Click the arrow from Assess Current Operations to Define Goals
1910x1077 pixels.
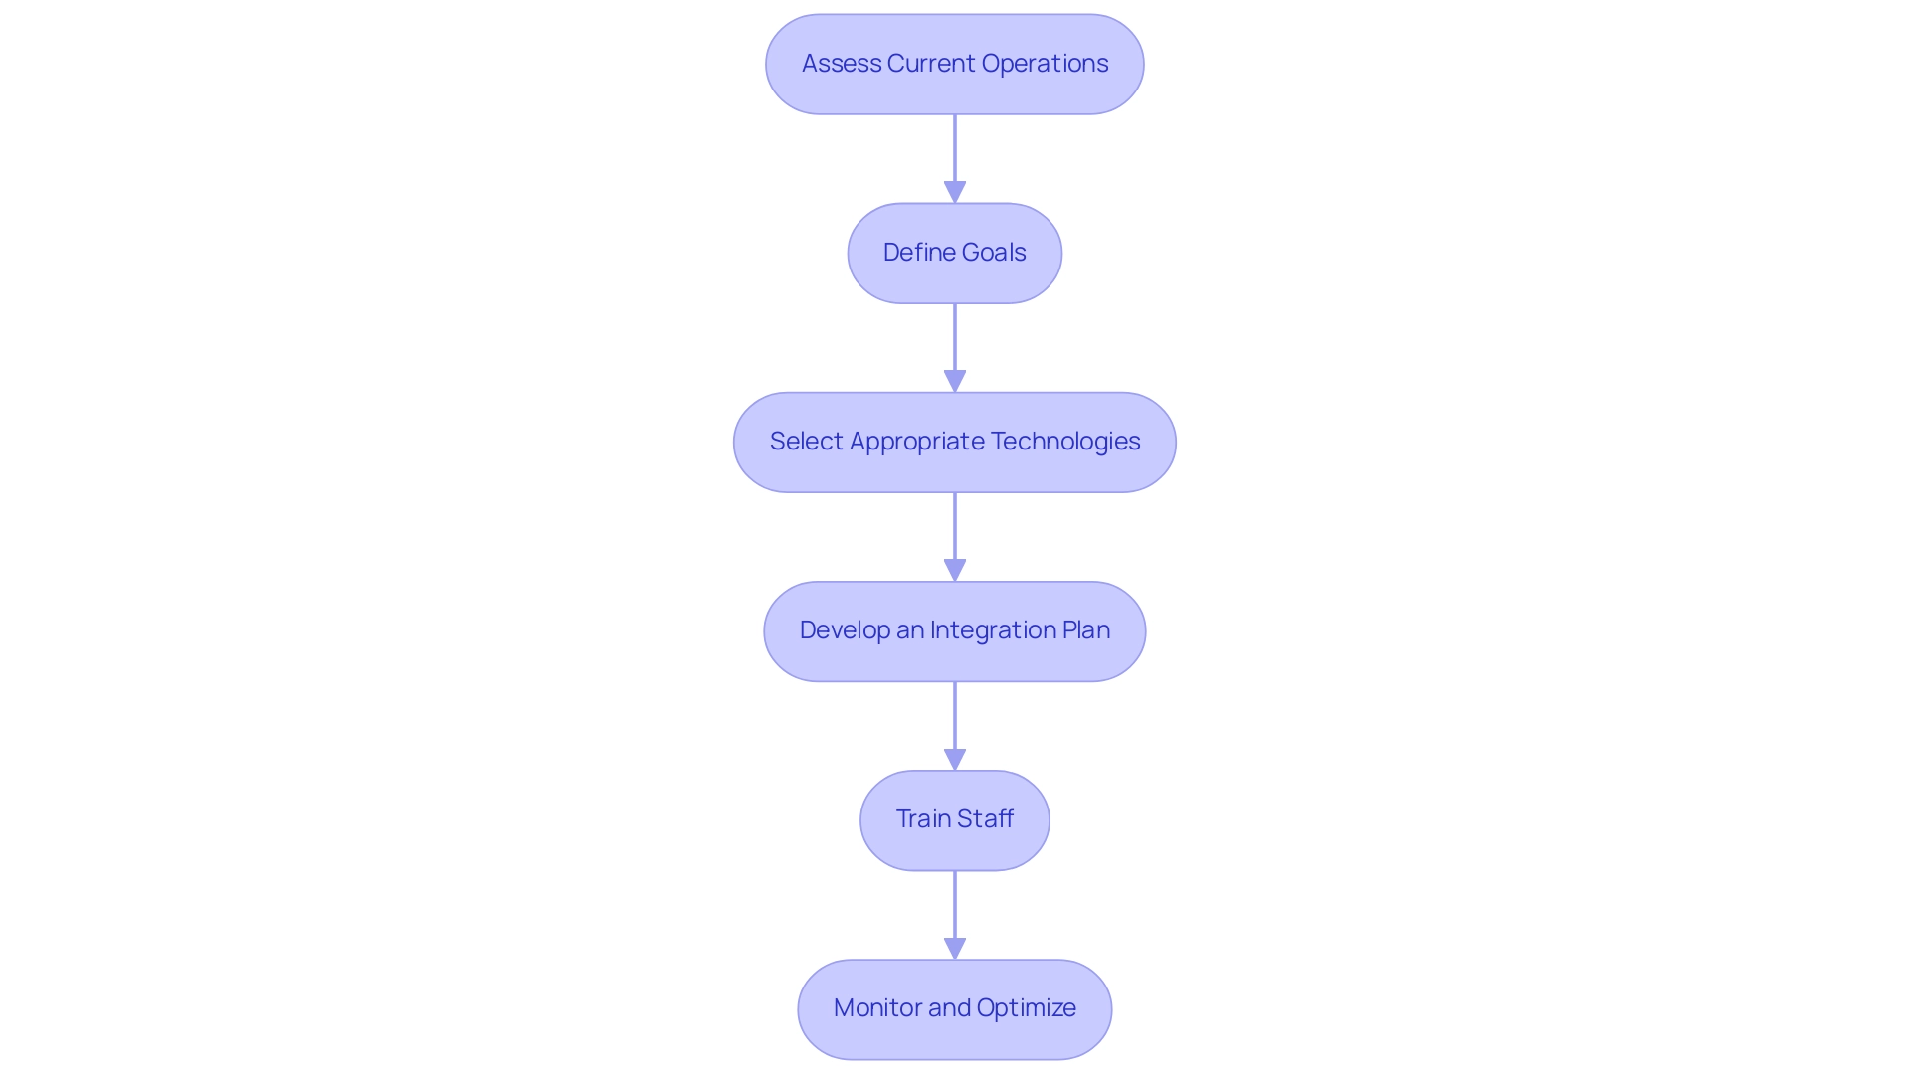[x=955, y=154]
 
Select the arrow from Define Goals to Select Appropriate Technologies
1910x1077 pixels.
[x=955, y=343]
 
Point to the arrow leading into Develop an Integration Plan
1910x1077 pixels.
[x=955, y=532]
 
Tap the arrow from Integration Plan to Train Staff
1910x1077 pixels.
[x=955, y=721]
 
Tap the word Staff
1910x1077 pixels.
[x=986, y=819]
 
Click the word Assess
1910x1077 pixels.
[x=841, y=64]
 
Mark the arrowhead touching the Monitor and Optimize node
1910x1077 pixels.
[x=955, y=948]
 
